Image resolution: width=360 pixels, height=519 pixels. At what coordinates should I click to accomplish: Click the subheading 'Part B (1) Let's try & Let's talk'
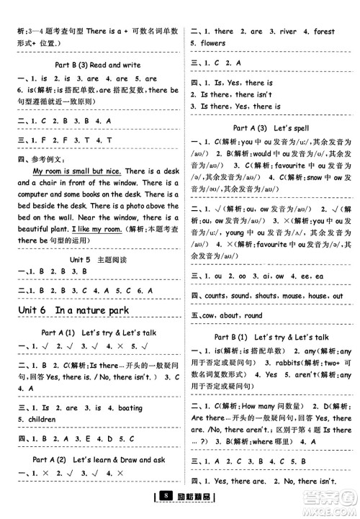coord(271,336)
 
